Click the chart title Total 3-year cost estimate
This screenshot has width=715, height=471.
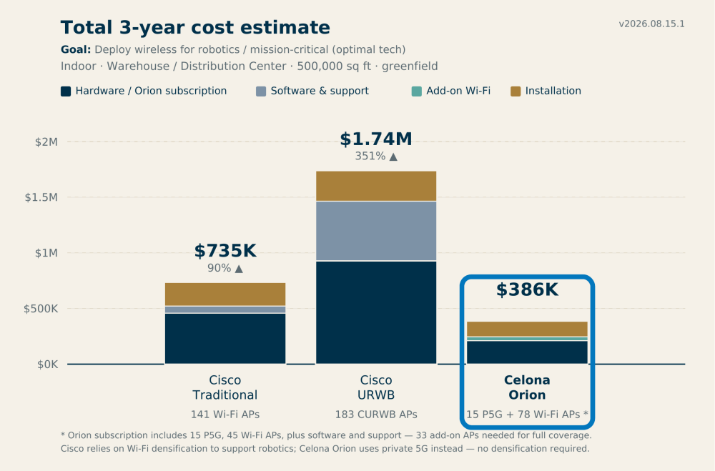click(x=195, y=27)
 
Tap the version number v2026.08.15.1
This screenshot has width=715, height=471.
click(x=651, y=24)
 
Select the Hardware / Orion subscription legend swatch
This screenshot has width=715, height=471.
click(x=66, y=91)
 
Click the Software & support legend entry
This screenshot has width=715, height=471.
click(x=312, y=91)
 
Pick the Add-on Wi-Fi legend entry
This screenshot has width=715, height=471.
click(x=451, y=91)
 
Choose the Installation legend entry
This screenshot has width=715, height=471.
click(x=546, y=91)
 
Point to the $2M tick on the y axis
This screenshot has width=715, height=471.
click(x=46, y=142)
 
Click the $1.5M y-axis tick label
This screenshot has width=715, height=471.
click(x=41, y=197)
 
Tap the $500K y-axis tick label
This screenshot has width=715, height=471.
click(x=41, y=309)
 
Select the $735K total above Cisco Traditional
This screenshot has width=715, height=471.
click(x=225, y=251)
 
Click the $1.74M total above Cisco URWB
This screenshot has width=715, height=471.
click(x=376, y=139)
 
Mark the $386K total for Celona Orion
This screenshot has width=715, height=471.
click(x=527, y=289)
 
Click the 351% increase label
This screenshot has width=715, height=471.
click(x=376, y=157)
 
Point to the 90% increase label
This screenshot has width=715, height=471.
click(x=225, y=268)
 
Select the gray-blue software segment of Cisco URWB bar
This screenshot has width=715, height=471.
click(x=376, y=231)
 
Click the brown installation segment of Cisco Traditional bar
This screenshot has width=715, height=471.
click(x=225, y=294)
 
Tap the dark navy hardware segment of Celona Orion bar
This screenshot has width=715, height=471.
click(x=527, y=352)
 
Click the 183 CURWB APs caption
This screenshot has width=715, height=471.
click(x=376, y=415)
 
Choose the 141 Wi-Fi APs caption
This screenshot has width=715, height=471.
click(x=225, y=415)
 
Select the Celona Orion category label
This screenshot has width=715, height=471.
click(x=527, y=387)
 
